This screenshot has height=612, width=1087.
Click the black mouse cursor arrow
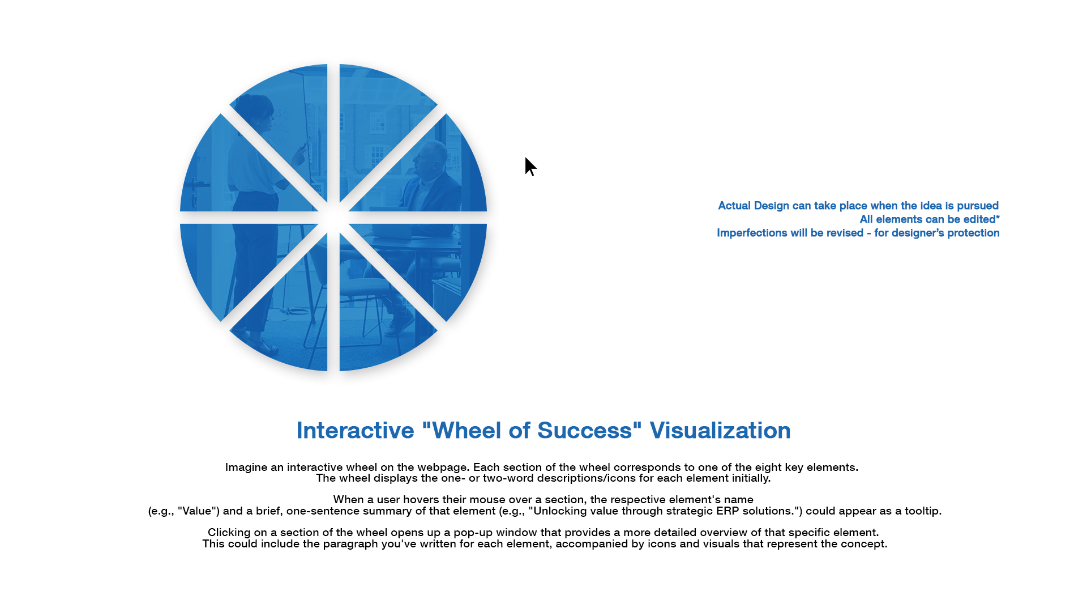click(529, 166)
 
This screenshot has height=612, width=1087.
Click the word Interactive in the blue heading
click(355, 431)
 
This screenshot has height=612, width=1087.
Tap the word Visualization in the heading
click(720, 431)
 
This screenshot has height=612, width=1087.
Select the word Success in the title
click(584, 431)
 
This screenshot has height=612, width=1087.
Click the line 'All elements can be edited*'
click(929, 219)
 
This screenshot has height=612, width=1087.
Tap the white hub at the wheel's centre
click(333, 218)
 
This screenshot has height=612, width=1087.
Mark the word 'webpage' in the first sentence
click(442, 467)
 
